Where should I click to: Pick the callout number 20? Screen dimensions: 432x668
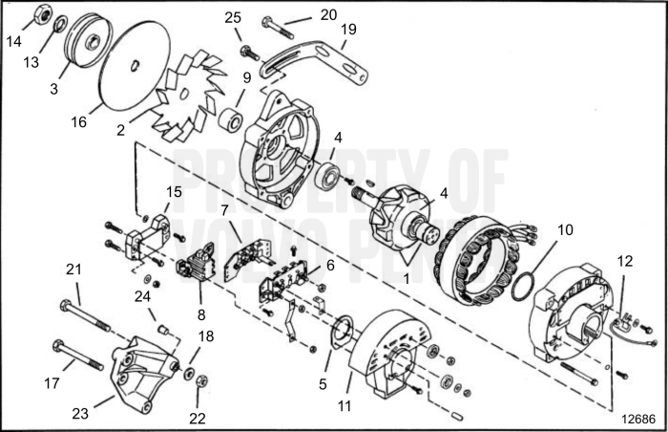[328, 15]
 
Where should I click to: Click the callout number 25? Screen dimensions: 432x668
[233, 17]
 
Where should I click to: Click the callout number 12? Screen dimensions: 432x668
[624, 261]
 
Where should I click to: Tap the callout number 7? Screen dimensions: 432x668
[223, 209]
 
